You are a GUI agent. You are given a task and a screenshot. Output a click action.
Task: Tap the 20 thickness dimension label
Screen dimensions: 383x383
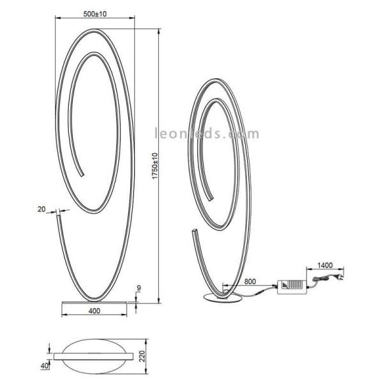(41, 209)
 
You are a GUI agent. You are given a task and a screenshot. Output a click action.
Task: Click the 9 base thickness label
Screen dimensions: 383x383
(147, 289)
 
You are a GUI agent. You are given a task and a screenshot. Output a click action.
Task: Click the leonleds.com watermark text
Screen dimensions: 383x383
(207, 134)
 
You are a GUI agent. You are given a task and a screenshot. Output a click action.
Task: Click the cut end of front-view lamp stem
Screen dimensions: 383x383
(59, 216)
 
